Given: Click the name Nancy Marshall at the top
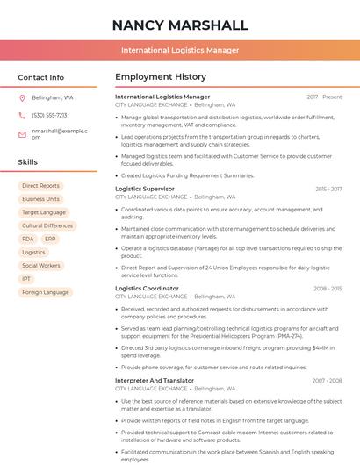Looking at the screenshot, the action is (x=180, y=25).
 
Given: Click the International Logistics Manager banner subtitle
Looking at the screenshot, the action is (x=180, y=50).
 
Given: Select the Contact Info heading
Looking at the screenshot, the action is (x=41, y=77).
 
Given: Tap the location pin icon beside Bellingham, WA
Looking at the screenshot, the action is (x=22, y=98).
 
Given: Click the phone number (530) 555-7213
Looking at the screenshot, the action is (x=49, y=115).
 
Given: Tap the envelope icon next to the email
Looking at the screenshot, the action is (x=22, y=134).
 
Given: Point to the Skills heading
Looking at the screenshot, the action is (x=28, y=162).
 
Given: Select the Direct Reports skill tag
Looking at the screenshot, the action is (x=41, y=186).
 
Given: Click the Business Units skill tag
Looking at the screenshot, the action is (x=41, y=199).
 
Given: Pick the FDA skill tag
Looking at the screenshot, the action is (x=28, y=239).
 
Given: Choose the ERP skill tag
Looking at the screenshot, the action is (x=50, y=239).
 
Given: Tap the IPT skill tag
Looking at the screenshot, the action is (x=26, y=279).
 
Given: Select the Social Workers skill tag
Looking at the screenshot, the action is (x=41, y=265).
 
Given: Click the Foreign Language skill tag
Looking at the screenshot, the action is (x=45, y=292).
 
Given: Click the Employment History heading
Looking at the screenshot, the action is (x=161, y=77).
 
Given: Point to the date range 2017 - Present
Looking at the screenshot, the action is (x=324, y=97).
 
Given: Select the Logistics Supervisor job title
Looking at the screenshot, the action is (x=145, y=189).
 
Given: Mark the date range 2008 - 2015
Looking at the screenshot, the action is (x=328, y=288).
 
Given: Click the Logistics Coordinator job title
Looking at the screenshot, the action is (x=147, y=288).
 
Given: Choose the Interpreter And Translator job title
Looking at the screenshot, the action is (x=155, y=380).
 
